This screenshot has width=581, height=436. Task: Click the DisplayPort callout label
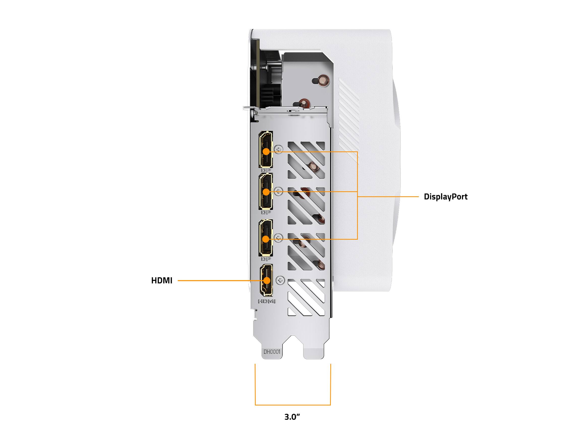click(446, 197)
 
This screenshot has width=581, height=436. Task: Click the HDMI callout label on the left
click(162, 281)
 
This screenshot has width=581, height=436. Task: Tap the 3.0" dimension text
click(292, 417)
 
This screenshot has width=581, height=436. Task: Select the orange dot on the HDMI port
click(267, 280)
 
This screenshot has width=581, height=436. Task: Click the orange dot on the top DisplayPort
click(266, 152)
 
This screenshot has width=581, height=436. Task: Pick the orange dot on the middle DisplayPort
click(266, 192)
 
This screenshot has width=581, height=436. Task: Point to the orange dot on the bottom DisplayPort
click(266, 239)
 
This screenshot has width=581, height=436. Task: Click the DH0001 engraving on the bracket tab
click(272, 352)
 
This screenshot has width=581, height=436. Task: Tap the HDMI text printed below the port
click(267, 302)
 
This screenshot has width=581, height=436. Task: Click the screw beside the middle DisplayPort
click(278, 191)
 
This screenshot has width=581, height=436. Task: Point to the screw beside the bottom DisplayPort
click(278, 238)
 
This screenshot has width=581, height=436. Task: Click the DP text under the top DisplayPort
click(266, 171)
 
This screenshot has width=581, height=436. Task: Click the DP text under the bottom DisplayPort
click(266, 259)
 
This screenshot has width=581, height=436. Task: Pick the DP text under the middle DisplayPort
click(266, 212)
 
